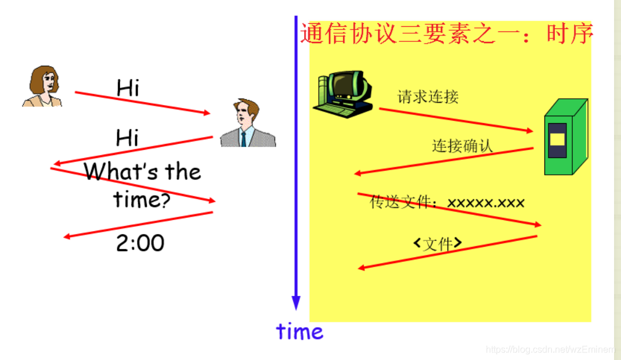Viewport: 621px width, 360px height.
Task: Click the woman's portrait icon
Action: coord(42,87)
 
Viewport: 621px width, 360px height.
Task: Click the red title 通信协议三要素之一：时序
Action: coord(446,34)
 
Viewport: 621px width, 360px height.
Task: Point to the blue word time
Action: coord(299,332)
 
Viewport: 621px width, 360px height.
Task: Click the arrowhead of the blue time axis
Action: coord(296,303)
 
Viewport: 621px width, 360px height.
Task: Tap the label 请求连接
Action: coord(428,96)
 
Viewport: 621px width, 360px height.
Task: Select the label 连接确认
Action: coord(462,145)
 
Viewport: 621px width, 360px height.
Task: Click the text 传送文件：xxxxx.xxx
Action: coord(447,203)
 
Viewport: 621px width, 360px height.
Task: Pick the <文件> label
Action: coord(438,243)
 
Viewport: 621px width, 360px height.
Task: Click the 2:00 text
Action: coord(140,243)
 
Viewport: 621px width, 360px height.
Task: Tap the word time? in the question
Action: coord(142,200)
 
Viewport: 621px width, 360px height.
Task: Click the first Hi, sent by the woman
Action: coord(128,88)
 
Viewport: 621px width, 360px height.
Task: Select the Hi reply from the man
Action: coord(128,138)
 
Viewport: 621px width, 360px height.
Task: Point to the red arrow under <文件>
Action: coord(447,252)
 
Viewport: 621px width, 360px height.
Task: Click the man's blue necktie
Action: coord(243,138)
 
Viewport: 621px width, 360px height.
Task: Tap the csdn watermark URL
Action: coord(550,350)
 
